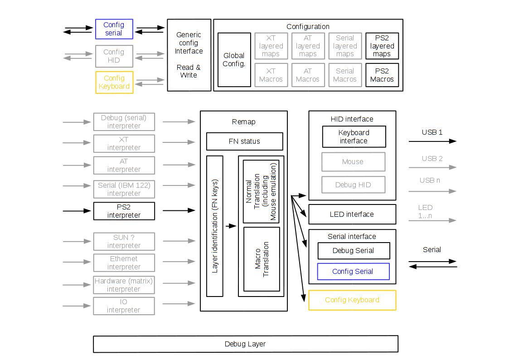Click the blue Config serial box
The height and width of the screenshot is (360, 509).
pos(114,29)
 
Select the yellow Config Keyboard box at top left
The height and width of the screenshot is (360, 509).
pos(114,82)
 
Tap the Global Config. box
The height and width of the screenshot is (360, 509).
pos(234,60)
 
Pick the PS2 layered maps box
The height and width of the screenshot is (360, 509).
pos(382,46)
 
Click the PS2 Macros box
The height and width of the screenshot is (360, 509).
pos(382,75)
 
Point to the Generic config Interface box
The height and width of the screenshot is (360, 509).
pos(189,55)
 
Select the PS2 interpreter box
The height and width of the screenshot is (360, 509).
pos(124,211)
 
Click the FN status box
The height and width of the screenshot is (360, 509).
pos(244,141)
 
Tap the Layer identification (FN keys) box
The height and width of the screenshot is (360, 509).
pos(215,226)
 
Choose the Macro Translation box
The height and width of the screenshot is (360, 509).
pos(262,259)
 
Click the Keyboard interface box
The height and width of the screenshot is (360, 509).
pos(354,136)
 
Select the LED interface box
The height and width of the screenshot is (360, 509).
pos(352,214)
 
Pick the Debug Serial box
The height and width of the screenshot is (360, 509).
pos(353,251)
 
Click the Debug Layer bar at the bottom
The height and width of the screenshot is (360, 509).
pos(245,344)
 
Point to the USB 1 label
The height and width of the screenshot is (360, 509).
pos(432,132)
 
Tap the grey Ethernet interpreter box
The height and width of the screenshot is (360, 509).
pos(124,263)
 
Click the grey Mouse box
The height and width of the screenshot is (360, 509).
pos(353,161)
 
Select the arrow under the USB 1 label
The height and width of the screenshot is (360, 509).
pos(432,141)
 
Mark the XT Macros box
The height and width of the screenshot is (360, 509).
pos(271,75)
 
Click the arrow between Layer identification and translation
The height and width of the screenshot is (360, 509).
pos(231,226)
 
